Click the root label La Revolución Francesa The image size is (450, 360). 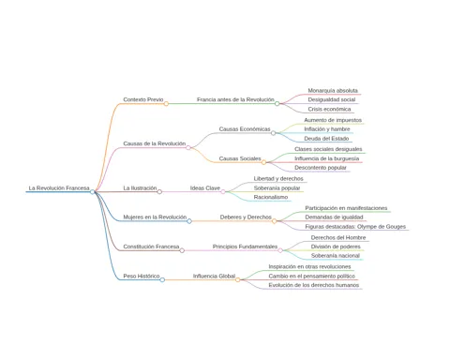pos(59,188)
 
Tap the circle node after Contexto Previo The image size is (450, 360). pos(166,104)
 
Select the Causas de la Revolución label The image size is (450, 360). pos(155,143)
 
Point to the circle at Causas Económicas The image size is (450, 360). pos(274,133)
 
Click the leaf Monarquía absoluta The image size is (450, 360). pos(333,91)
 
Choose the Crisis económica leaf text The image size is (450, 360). pos(329,109)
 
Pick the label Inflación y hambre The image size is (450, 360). pos(327,129)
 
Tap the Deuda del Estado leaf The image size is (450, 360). pos(326,139)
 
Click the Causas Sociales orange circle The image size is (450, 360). pos(263,162)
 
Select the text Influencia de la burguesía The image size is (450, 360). pos(326,158)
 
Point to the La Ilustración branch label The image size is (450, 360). pos(140,188)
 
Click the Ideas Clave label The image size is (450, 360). pos(205,188)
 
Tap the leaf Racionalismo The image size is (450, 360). pos(271,197)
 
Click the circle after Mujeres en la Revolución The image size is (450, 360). pos(189,221)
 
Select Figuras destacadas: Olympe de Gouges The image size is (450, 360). pos(355,227)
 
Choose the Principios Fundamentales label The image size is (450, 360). pos(245,247)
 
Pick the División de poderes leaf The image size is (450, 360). pos(336,247)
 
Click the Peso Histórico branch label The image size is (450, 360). pos(142,276)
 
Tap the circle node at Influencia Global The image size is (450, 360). pos(238,279)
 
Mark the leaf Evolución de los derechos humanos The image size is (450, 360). pos(314,285)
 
